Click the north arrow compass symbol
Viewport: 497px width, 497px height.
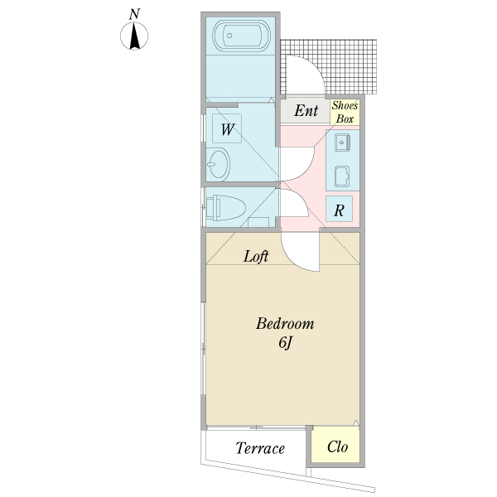pyautogui.click(x=135, y=37)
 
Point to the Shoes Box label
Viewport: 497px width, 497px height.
pyautogui.click(x=345, y=112)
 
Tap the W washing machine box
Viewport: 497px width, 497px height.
pyautogui.click(x=227, y=129)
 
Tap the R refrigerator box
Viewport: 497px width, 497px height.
pyautogui.click(x=340, y=210)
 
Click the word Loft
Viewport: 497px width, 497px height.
pyautogui.click(x=256, y=257)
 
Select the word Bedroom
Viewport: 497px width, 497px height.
pyautogui.click(x=284, y=323)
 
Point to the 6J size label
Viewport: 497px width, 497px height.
pyautogui.click(x=285, y=344)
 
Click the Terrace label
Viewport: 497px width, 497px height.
pyautogui.click(x=259, y=449)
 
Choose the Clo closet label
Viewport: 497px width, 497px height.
pyautogui.click(x=337, y=447)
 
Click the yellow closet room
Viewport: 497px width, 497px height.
pyautogui.click(x=336, y=445)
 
